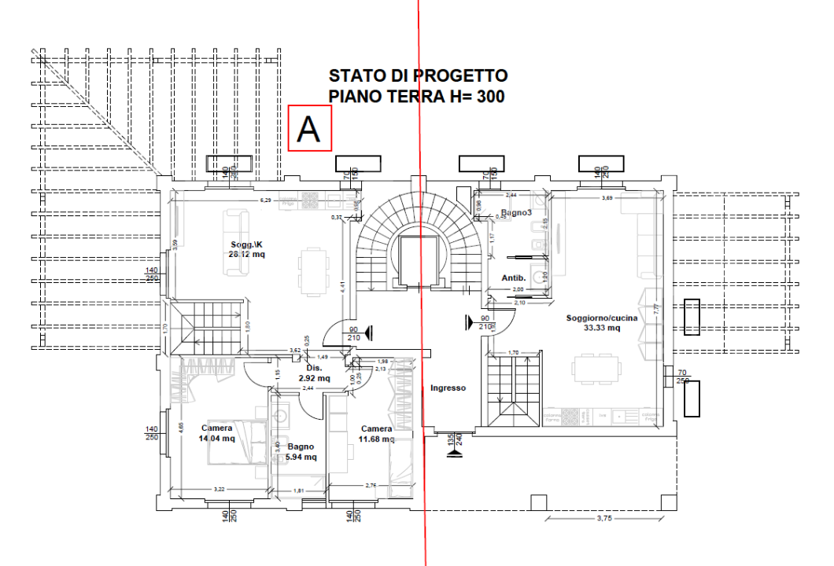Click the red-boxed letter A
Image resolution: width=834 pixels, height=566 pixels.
pos(310,127)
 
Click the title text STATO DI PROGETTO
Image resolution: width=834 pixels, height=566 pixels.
pos(418,75)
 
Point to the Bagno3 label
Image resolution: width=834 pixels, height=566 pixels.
pos(515,213)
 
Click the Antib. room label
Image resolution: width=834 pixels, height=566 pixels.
pos(514,277)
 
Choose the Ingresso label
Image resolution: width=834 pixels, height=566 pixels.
pos(448,388)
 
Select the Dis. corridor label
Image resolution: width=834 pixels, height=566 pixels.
pos(314,367)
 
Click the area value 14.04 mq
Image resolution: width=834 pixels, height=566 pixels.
pos(217,439)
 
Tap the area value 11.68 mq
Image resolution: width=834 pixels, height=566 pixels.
pos(376,439)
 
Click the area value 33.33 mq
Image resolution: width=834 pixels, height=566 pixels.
pos(602,328)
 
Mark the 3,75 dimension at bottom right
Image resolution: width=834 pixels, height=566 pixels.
pos(604,518)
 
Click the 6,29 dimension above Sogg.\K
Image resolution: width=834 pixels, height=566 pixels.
pos(267,200)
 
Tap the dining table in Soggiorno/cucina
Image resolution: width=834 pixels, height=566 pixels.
pos(596,367)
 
